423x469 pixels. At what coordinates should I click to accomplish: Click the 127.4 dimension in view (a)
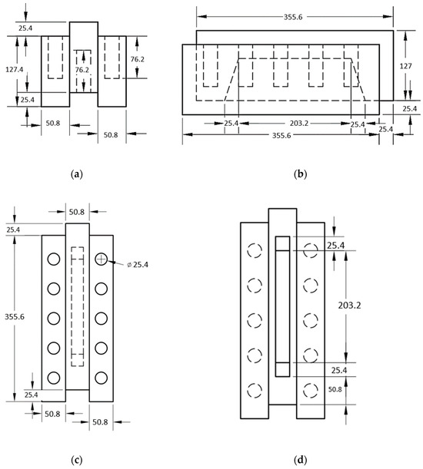pyautogui.click(x=15, y=69)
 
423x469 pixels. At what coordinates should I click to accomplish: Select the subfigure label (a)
pyautogui.click(x=77, y=173)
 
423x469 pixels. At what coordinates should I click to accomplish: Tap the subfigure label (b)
pyautogui.click(x=301, y=173)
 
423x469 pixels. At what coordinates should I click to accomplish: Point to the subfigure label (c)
pyautogui.click(x=77, y=459)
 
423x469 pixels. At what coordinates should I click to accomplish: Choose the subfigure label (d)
pyautogui.click(x=301, y=459)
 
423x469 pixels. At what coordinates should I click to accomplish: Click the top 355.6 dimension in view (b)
pyautogui.click(x=293, y=17)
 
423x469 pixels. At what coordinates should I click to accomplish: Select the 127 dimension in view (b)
pyautogui.click(x=405, y=66)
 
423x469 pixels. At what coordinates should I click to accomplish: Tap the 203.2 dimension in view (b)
pyautogui.click(x=299, y=123)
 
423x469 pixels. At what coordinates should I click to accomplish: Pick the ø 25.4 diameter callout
pyautogui.click(x=138, y=265)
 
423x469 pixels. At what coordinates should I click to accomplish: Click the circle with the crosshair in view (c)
pyautogui.click(x=102, y=259)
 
